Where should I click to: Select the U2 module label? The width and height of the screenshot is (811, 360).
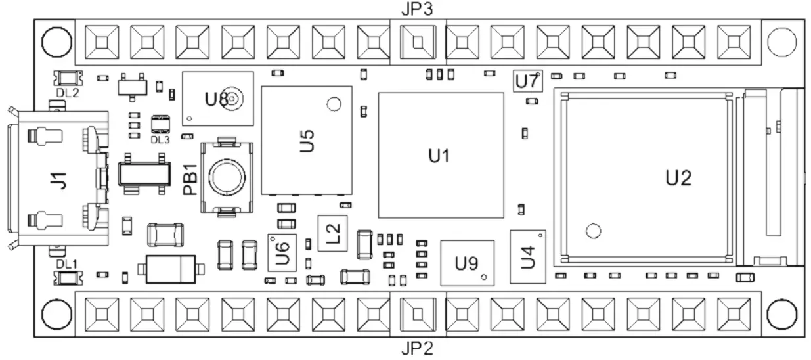[x=677, y=177]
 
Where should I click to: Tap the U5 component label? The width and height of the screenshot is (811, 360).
[x=307, y=141]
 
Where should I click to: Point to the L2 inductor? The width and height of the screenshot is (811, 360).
[x=332, y=233]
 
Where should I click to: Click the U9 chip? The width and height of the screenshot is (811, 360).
[x=466, y=264]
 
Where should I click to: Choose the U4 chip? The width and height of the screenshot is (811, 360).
[x=528, y=256]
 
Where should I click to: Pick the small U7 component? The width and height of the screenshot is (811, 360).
[x=527, y=82]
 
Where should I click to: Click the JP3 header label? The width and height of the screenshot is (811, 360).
[x=416, y=9]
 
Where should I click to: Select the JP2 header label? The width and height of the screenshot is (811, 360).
[x=416, y=348]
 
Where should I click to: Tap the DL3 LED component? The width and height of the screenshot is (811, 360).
[x=160, y=124]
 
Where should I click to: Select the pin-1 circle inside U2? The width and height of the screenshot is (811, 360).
[x=593, y=231]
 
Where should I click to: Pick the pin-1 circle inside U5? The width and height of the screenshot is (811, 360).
[x=334, y=104]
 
